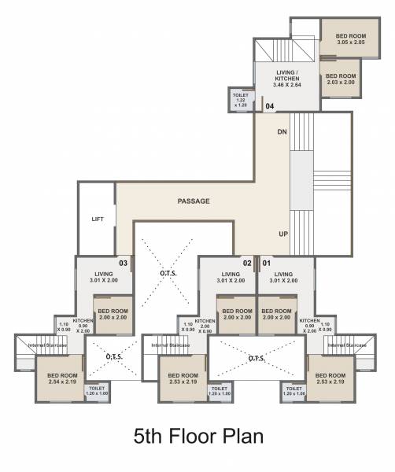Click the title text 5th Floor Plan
[x=197, y=435]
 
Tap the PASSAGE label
[x=193, y=201]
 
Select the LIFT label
[x=98, y=219]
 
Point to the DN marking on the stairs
[x=282, y=132]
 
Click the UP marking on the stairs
[x=282, y=234]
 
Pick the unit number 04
[x=269, y=105]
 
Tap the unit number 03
[x=123, y=263]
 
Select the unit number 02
[x=246, y=263]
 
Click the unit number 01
[x=266, y=263]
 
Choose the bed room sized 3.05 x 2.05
[x=351, y=39]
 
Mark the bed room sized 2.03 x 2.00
[x=341, y=79]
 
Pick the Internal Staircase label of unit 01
[x=347, y=345]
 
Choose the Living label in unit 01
[x=282, y=276]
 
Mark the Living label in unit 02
[x=230, y=276]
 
